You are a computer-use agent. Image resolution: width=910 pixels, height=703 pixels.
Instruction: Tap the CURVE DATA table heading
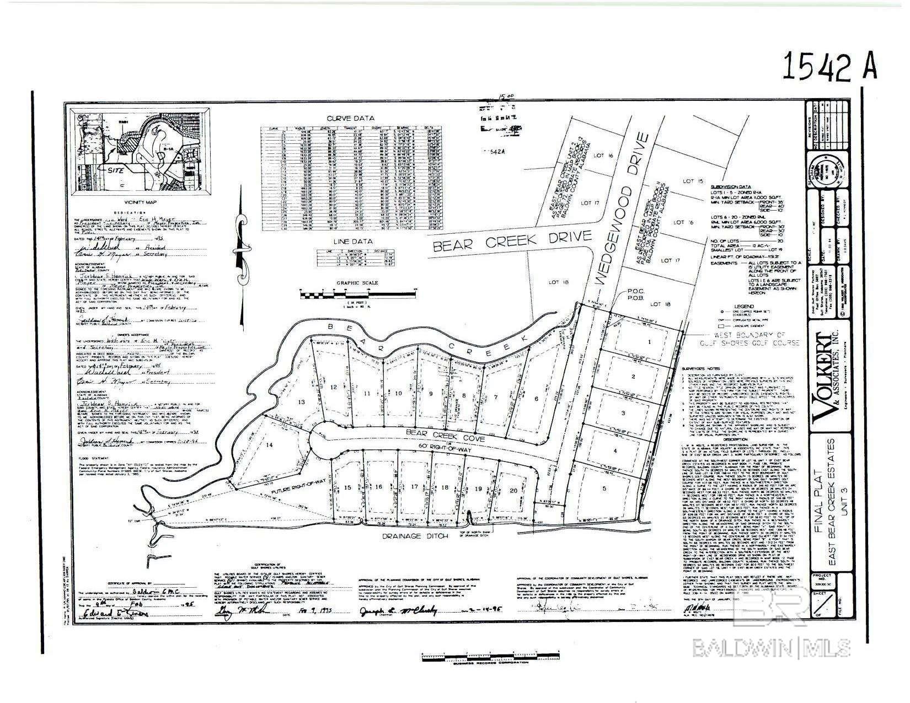pos(350,118)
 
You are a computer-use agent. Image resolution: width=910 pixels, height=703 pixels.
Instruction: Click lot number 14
pos(269,444)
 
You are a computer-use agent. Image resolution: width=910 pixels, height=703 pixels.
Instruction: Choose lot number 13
pos(301,402)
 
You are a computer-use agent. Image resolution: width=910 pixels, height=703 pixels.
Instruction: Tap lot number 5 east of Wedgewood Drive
pos(604,488)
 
